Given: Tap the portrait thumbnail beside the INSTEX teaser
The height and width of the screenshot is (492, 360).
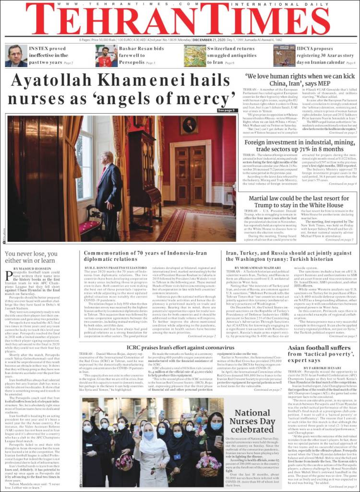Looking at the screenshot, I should click(16, 56).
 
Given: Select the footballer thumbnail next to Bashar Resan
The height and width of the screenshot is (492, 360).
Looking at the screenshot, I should click(106, 56).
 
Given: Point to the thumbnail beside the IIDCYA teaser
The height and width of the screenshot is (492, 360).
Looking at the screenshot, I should click(285, 56).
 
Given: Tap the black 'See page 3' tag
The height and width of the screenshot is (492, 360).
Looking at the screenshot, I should click(227, 110).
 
